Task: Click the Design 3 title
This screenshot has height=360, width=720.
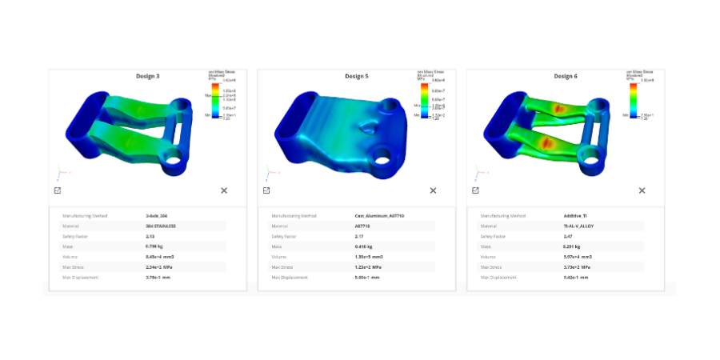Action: pos(146,76)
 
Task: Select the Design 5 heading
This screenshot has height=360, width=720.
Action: pos(356,76)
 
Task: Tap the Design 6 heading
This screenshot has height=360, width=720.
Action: pos(565,76)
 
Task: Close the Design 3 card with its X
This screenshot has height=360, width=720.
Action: pos(224,190)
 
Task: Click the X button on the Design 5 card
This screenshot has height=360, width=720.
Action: pos(433,190)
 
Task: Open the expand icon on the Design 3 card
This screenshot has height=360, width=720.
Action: pos(58,190)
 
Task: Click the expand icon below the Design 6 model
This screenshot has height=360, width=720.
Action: pos(475,190)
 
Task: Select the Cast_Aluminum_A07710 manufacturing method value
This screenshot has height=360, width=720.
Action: pos(379,216)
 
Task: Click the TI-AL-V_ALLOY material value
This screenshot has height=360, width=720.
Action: pos(578,226)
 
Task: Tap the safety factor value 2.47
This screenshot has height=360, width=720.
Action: pos(568,236)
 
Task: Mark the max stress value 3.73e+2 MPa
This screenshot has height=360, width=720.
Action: pos(577,266)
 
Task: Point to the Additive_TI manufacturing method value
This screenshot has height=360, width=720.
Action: pos(575,216)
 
